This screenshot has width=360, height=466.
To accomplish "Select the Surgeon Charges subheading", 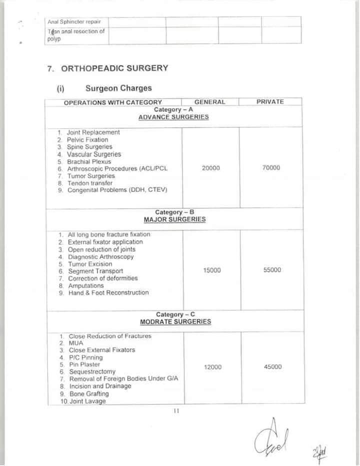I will coord(118,89).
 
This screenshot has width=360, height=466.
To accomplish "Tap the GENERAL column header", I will coord(209,102).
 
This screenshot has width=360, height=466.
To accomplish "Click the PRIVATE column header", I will coord(270,102).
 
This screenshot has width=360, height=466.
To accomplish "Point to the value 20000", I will coord(210,168).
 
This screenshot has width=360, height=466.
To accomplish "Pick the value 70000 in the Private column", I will coord(271,168).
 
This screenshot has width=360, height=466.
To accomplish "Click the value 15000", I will coord(212,270).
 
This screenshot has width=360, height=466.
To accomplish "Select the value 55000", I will coord(272,270).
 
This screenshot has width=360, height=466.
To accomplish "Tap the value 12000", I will coord(212,367).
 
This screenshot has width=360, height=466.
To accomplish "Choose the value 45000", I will coord(272,367).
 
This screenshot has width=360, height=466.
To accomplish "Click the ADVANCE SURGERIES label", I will coord(173,117).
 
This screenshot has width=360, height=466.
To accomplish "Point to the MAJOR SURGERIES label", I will coord(174,219).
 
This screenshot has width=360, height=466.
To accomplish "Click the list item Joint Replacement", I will coord(93,133).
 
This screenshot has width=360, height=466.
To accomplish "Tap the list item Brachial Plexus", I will coord(89,162).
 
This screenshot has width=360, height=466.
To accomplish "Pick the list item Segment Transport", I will coord(95,271).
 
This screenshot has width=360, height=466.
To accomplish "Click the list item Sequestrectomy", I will coord(92,372).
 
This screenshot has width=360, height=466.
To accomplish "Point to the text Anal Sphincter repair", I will coord(73,22).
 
